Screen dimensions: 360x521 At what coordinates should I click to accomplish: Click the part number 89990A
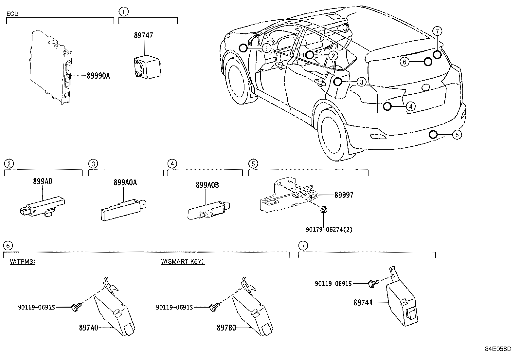98,76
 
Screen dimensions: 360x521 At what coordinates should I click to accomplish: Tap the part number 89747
143,35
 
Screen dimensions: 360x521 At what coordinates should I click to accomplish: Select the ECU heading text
12,14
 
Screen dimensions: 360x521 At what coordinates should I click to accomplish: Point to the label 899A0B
207,185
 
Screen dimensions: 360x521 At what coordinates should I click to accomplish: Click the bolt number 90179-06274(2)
329,229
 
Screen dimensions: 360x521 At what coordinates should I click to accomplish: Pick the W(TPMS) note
22,261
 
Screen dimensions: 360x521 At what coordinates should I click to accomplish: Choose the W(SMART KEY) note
183,261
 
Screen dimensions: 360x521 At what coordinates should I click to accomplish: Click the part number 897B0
226,327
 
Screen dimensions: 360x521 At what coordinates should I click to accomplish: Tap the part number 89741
363,303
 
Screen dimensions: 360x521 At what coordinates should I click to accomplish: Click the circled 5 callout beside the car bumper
457,134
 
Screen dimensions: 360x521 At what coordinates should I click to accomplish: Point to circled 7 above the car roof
437,31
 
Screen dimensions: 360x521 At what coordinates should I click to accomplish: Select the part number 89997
344,195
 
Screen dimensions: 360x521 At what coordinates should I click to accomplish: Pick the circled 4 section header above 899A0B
172,163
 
